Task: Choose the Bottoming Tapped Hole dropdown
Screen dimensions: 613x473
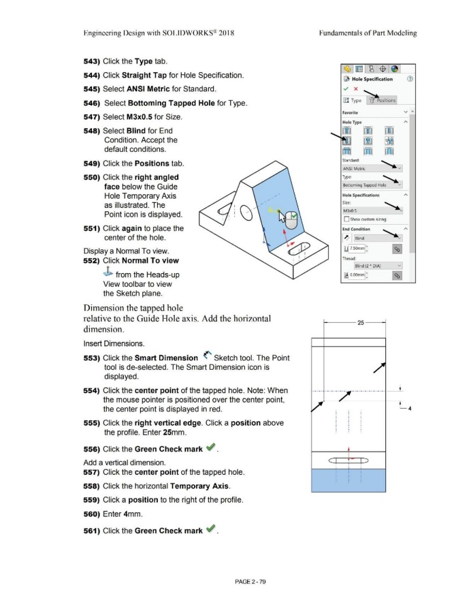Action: point(373,184)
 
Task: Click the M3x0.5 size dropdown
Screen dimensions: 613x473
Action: point(373,210)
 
